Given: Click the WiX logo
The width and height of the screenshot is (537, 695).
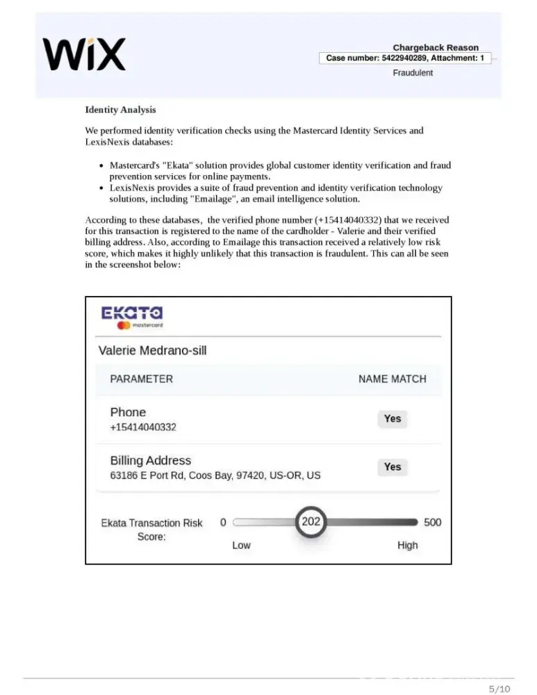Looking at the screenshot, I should [84, 54].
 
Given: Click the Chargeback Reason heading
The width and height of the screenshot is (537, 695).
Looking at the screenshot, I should [436, 47].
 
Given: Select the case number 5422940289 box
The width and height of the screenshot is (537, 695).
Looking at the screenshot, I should [405, 58].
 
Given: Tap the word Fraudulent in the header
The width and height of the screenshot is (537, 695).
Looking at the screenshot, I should [413, 73].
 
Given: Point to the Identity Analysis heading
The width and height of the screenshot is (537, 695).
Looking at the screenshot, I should [120, 110].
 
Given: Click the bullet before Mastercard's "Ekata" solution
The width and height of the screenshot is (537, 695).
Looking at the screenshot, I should [102, 166].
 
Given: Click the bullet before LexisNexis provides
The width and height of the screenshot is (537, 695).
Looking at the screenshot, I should [102, 188].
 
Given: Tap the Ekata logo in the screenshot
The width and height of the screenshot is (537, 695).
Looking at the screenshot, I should [132, 316].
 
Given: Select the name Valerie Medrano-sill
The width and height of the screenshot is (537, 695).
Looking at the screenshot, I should [153, 350].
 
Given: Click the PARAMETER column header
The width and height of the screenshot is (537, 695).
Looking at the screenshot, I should [141, 379].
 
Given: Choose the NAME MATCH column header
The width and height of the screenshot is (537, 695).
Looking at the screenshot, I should [392, 379].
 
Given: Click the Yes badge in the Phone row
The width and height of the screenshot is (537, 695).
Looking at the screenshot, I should [393, 418].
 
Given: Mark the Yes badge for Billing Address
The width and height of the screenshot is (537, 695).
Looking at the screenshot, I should [393, 467].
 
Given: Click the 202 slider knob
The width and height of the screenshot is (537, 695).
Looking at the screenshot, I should [311, 522].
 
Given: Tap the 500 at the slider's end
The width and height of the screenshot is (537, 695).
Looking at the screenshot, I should [432, 522].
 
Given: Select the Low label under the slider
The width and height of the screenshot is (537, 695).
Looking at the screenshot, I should [241, 545].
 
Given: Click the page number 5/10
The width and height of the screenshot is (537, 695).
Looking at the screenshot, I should [499, 689].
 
